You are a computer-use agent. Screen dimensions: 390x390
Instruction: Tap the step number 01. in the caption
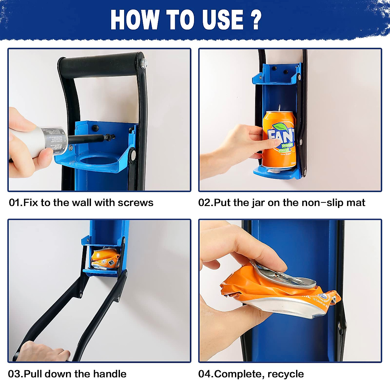16,203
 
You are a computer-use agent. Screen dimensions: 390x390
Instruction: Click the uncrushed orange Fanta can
279,140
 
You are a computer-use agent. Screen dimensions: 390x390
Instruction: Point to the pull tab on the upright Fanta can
279,108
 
